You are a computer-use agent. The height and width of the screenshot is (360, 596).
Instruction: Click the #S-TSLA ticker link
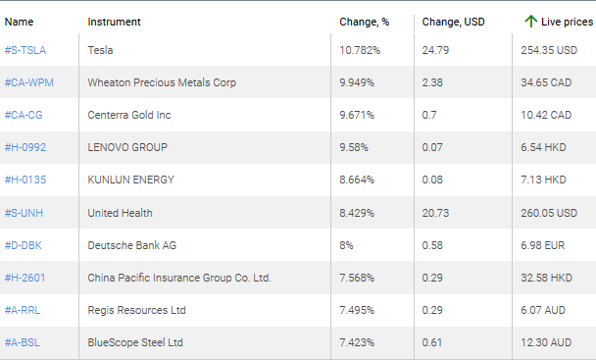point(25,49)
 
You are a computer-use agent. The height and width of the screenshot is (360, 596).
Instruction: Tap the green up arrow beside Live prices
point(530,21)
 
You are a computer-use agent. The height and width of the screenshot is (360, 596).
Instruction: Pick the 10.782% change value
point(359,49)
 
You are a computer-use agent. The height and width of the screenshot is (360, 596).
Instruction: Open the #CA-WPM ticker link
point(29,82)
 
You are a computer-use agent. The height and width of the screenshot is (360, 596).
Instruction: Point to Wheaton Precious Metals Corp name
point(162,82)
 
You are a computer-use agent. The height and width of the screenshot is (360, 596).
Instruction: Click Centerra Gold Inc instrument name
point(129,115)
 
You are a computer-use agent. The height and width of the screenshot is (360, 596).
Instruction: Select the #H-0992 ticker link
point(25,147)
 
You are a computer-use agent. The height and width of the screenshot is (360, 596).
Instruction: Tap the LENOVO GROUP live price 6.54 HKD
point(544,147)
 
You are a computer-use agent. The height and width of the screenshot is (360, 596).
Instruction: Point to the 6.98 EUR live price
point(544,244)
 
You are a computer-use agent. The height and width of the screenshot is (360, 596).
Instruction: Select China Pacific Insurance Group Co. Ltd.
point(179,278)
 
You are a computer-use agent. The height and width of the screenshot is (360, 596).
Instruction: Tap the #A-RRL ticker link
point(25,310)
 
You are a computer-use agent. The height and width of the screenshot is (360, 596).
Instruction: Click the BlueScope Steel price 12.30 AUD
point(546,342)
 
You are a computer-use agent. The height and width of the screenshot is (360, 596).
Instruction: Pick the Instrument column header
point(114,21)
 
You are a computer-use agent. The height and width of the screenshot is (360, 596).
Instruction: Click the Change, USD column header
point(453,21)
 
